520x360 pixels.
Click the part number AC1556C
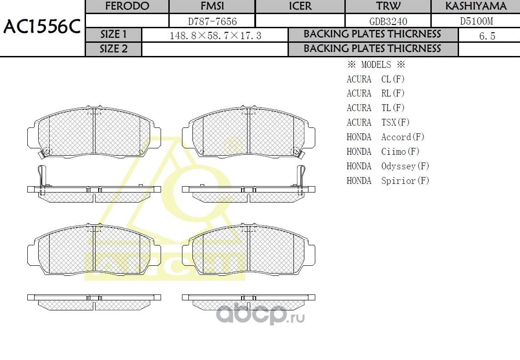tap(42, 27)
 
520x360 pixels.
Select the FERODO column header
tap(127, 6)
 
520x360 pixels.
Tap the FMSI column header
tap(212, 6)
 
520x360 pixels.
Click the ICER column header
tap(300, 6)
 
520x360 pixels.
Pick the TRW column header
tap(388, 6)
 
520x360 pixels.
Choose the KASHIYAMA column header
tap(475, 6)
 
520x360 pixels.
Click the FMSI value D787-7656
tap(212, 21)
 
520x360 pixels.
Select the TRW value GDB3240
tap(388, 21)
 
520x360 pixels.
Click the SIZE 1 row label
tap(114, 35)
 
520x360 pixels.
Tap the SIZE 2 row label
tap(114, 49)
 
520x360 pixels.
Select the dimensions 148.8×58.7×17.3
tap(215, 35)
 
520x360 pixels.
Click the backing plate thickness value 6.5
tap(487, 36)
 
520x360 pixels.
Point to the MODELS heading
tap(376, 65)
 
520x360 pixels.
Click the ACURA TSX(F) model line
tap(378, 122)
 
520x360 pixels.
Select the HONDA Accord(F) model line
tap(385, 137)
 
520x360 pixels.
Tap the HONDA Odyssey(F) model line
tap(388, 166)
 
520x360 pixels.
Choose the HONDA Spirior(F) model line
tap(388, 181)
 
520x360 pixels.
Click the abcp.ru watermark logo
tap(260, 314)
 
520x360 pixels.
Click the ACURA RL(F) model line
tap(375, 93)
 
